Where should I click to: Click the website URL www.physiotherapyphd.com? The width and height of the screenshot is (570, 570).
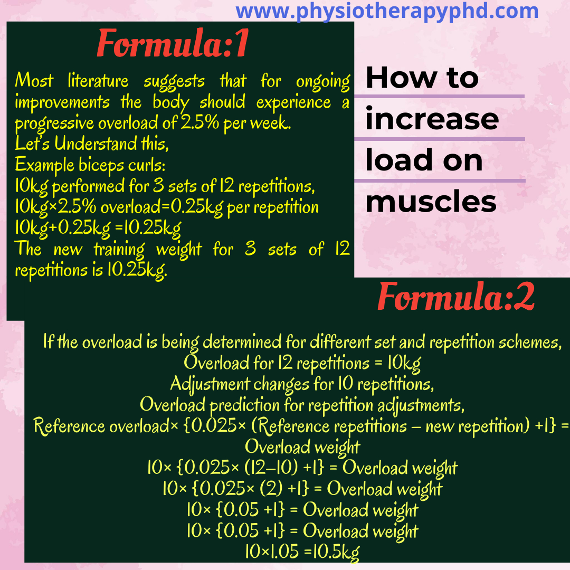tap(387, 12)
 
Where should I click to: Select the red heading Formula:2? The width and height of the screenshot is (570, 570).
tap(456, 297)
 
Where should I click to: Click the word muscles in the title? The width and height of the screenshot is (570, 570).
tap(431, 202)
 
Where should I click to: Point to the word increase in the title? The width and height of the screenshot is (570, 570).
tap(432, 119)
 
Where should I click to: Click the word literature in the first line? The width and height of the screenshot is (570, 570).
tap(98, 81)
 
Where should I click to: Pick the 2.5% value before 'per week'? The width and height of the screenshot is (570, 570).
tap(200, 123)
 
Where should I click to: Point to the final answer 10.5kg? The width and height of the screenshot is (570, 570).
tap(336, 553)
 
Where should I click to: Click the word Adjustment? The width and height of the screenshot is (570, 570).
tap(210, 384)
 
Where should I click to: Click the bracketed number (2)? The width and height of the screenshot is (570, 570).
tap(271, 489)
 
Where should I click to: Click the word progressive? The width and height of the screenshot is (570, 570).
tap(54, 123)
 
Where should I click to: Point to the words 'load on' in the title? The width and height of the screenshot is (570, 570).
tap(424, 160)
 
